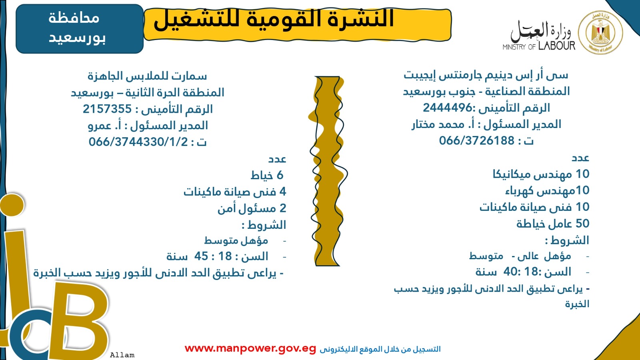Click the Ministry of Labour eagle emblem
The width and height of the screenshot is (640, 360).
tap(600, 32)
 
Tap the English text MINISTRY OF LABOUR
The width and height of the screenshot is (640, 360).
tap(539, 46)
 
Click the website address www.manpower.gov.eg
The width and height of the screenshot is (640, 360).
tap(250, 348)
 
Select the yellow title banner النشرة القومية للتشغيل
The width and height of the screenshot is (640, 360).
tap(297, 25)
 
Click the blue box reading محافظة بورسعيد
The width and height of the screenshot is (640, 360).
tap(80, 28)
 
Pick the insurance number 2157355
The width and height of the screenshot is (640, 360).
tap(107, 109)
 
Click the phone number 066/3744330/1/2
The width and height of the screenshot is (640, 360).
tap(138, 142)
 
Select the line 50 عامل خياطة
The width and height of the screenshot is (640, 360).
tap(553, 224)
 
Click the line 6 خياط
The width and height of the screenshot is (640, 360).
tap(267, 175)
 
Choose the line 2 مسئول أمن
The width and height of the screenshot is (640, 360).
tap(252, 208)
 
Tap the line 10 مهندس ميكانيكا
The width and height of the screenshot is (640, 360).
tap(541, 174)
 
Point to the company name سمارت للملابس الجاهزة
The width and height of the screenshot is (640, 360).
tap(147, 76)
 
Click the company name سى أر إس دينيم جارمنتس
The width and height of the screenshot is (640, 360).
tap(486, 75)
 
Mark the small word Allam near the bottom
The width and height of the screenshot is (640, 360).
tap(122, 355)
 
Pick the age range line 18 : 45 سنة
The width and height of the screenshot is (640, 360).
tap(217, 256)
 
